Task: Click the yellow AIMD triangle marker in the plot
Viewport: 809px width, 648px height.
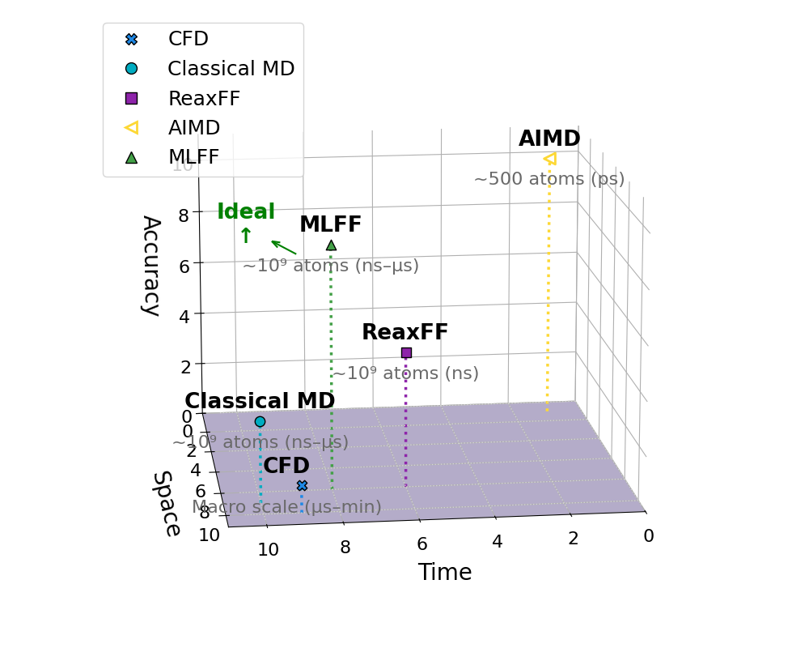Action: point(550,159)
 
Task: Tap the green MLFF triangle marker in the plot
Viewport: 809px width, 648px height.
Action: point(331,245)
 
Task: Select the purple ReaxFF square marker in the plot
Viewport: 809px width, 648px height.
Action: point(406,352)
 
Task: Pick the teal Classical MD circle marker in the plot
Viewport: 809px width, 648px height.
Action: point(260,421)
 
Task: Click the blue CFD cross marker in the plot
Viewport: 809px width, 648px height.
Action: point(302,486)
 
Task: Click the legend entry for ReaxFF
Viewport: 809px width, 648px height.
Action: point(204,99)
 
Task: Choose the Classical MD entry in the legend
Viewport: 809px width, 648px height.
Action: point(231,69)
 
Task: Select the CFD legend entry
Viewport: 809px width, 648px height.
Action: point(188,39)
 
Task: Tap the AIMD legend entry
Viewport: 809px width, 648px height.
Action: point(193,128)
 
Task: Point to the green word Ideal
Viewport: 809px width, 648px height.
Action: point(246,212)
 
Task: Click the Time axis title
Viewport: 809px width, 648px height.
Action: point(445,573)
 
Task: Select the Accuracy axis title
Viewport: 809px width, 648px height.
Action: point(150,265)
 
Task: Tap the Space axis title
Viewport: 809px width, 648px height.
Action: point(166,503)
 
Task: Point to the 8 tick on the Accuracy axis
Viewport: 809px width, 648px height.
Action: point(184,215)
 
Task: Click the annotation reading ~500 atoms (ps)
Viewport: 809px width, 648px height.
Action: point(549,179)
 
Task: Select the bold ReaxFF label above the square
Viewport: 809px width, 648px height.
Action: point(404,332)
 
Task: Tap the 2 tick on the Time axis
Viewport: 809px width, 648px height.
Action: point(573,539)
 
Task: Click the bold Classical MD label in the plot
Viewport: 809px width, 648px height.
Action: point(260,401)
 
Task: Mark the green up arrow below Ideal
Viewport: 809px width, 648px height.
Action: point(246,236)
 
